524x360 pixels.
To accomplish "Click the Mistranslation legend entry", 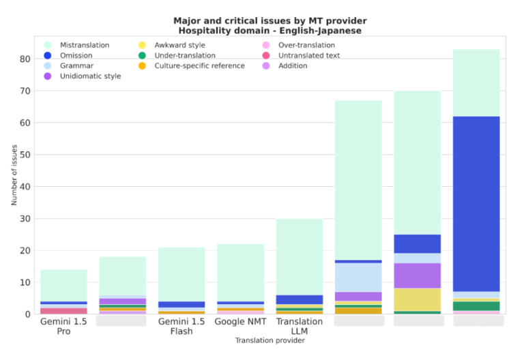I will tap(84, 45).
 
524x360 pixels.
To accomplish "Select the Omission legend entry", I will tap(76, 55).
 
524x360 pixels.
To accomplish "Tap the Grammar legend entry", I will tap(74, 65).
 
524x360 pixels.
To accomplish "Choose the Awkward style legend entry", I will tap(179, 45).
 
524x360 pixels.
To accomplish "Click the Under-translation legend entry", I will tap(185, 55).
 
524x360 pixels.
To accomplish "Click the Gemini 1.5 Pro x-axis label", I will tap(63, 326).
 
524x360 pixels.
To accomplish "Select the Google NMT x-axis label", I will tap(240, 321).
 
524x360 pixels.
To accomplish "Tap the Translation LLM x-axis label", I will tap(299, 326).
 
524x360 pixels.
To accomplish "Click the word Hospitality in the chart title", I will tap(201, 30).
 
